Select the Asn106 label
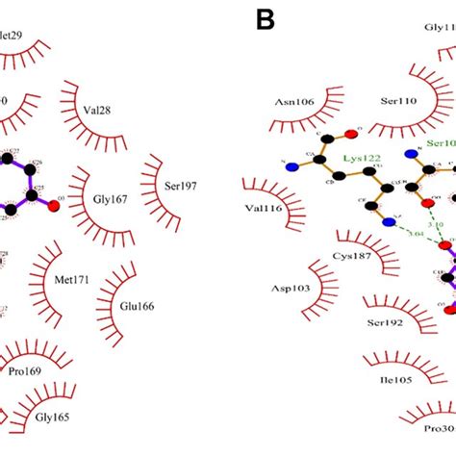(293, 104)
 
